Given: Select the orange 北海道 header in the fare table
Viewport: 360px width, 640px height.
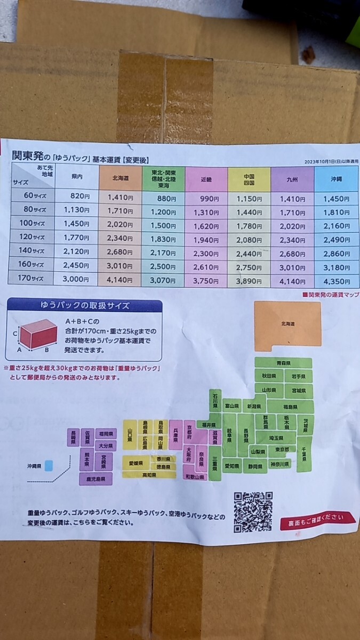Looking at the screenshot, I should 120,178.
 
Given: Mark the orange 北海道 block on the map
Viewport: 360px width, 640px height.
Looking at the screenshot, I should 287,324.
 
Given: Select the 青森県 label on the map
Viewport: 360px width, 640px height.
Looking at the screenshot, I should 283,363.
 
